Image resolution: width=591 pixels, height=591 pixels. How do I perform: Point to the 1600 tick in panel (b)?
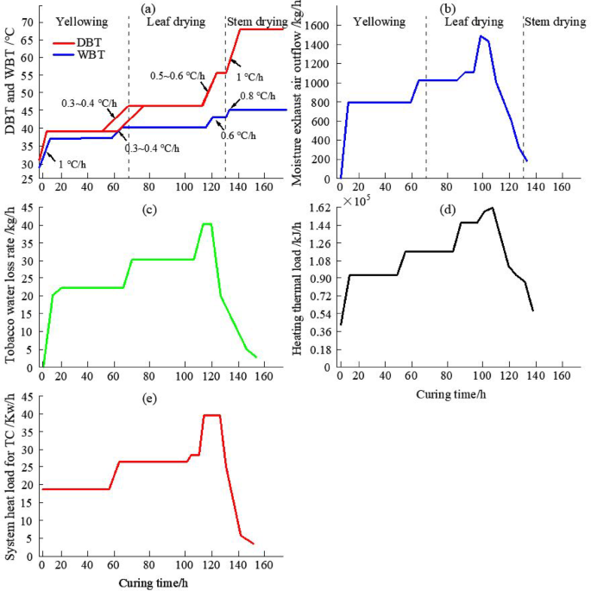[321, 26]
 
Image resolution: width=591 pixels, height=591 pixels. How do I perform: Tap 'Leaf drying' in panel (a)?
[175, 21]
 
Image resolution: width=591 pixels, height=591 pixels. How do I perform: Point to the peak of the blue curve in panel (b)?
[481, 36]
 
